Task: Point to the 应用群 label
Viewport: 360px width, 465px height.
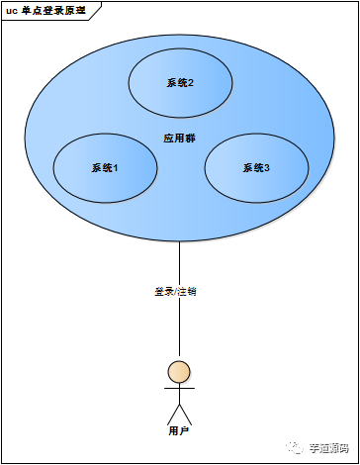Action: coord(179,138)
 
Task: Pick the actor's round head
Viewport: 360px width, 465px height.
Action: coord(179,372)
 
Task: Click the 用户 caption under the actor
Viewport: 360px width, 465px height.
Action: coord(179,431)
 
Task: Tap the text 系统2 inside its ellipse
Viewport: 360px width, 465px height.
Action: coord(179,83)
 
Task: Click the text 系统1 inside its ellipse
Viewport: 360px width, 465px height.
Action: coord(105,168)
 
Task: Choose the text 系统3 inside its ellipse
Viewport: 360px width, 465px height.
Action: coord(256,168)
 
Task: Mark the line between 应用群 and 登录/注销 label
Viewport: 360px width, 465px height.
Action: coord(179,262)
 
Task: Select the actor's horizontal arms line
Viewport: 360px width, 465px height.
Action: coord(179,389)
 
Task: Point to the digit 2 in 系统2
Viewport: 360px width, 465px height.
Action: coord(190,83)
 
